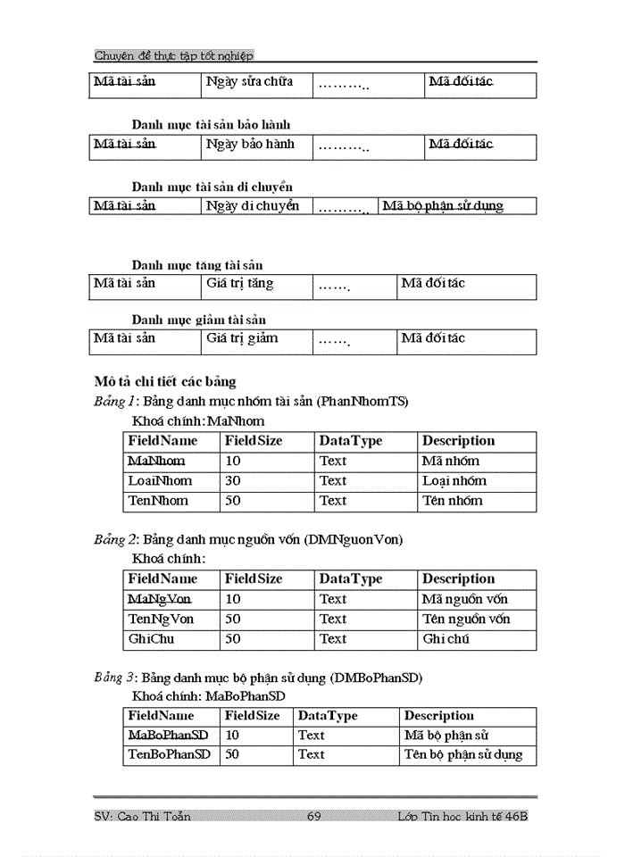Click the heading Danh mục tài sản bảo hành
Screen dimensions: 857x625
(x=211, y=125)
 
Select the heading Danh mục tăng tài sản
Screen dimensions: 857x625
(x=197, y=265)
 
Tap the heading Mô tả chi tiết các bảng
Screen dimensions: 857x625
(x=165, y=381)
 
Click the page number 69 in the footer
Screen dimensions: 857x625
(x=314, y=816)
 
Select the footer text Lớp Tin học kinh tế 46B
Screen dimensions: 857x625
(x=463, y=816)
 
